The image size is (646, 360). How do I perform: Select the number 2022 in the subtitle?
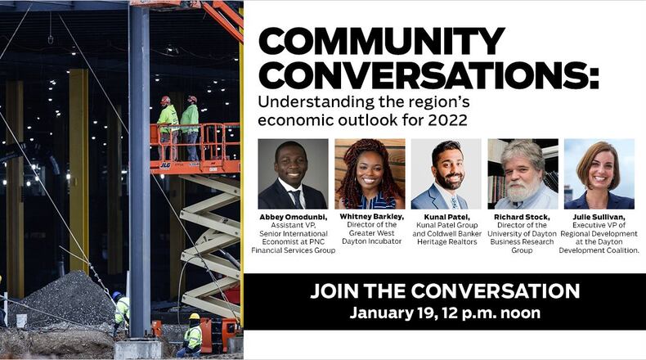point(445,119)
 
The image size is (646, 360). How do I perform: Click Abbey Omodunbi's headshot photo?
point(293,173)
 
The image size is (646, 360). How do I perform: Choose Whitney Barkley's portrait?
point(370,173)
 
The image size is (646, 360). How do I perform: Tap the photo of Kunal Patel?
point(446,173)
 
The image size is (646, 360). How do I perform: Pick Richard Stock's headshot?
point(523,173)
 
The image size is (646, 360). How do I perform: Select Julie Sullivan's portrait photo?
point(599,173)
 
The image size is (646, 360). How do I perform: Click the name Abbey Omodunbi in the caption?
point(293,217)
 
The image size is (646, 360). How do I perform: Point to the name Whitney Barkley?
point(370,217)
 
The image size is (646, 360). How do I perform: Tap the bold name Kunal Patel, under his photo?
point(446,217)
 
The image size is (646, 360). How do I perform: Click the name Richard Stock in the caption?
point(523,217)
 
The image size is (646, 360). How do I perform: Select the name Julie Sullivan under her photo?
point(599,217)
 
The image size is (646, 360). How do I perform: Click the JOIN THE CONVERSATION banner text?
point(445,291)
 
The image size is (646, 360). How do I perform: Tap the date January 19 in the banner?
point(388,312)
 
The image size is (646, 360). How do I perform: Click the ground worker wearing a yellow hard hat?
point(193,332)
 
